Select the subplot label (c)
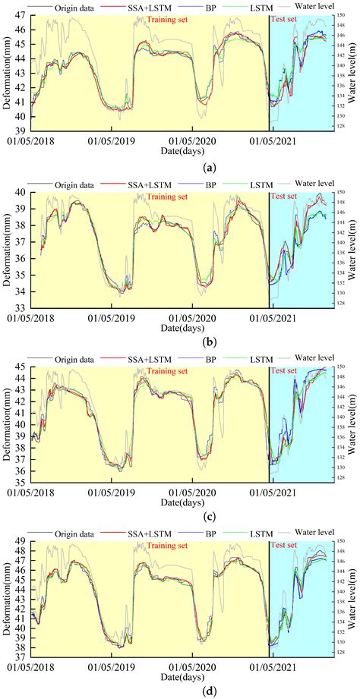coord(181,506)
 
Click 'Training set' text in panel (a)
coord(171,20)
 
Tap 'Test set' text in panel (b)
coord(283,196)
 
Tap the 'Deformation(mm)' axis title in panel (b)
coord(7,247)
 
